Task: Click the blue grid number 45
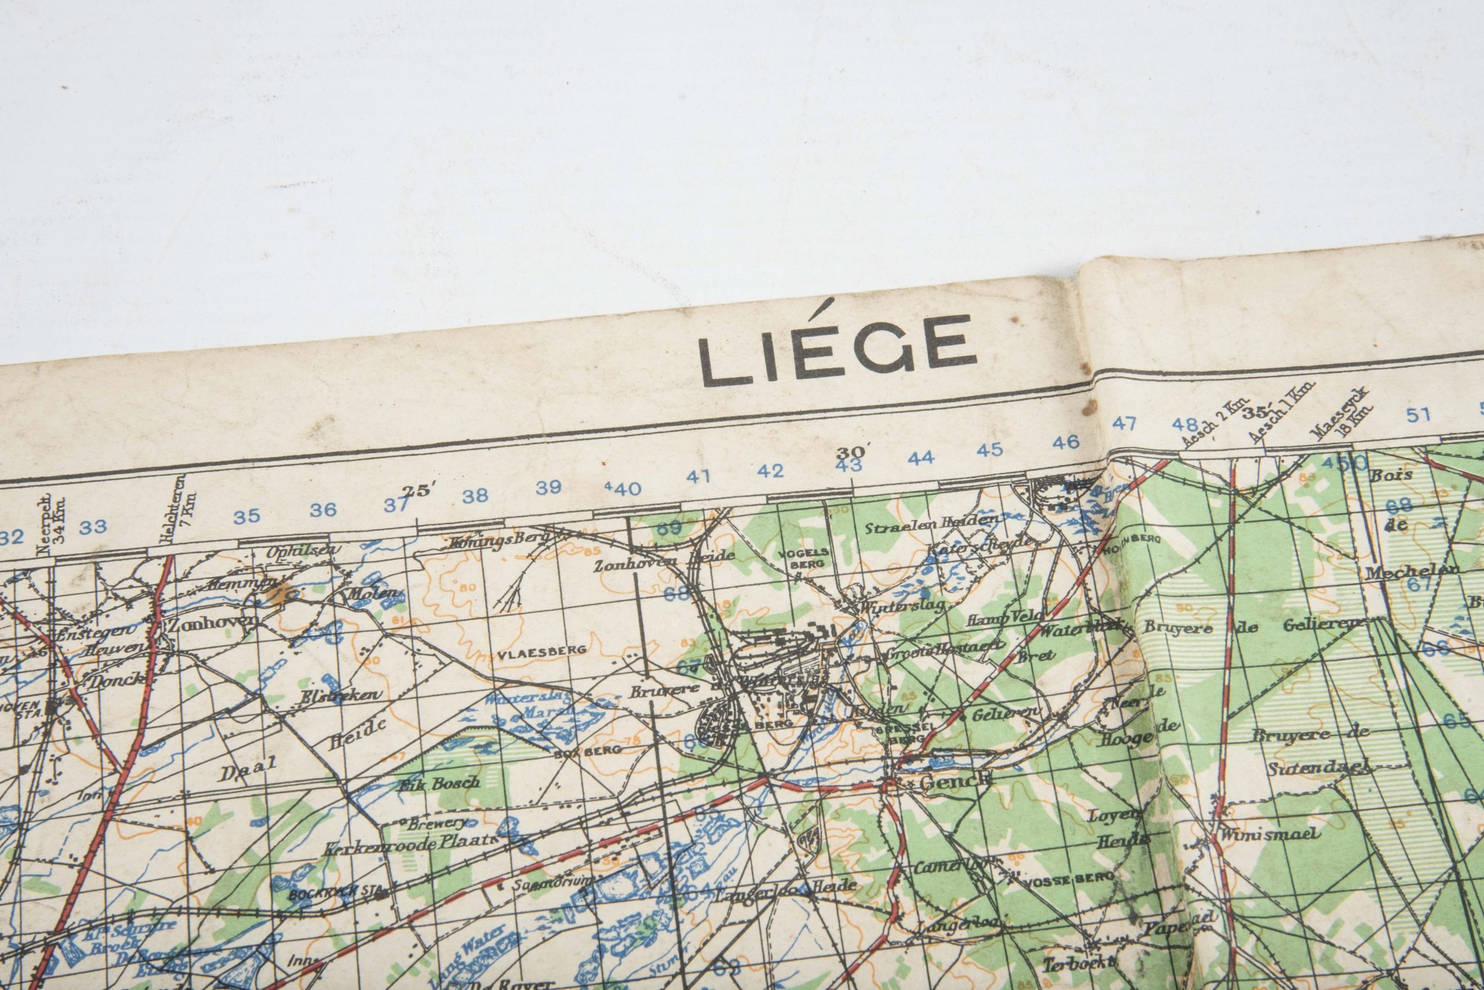coord(990,450)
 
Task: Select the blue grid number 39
coord(548,487)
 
